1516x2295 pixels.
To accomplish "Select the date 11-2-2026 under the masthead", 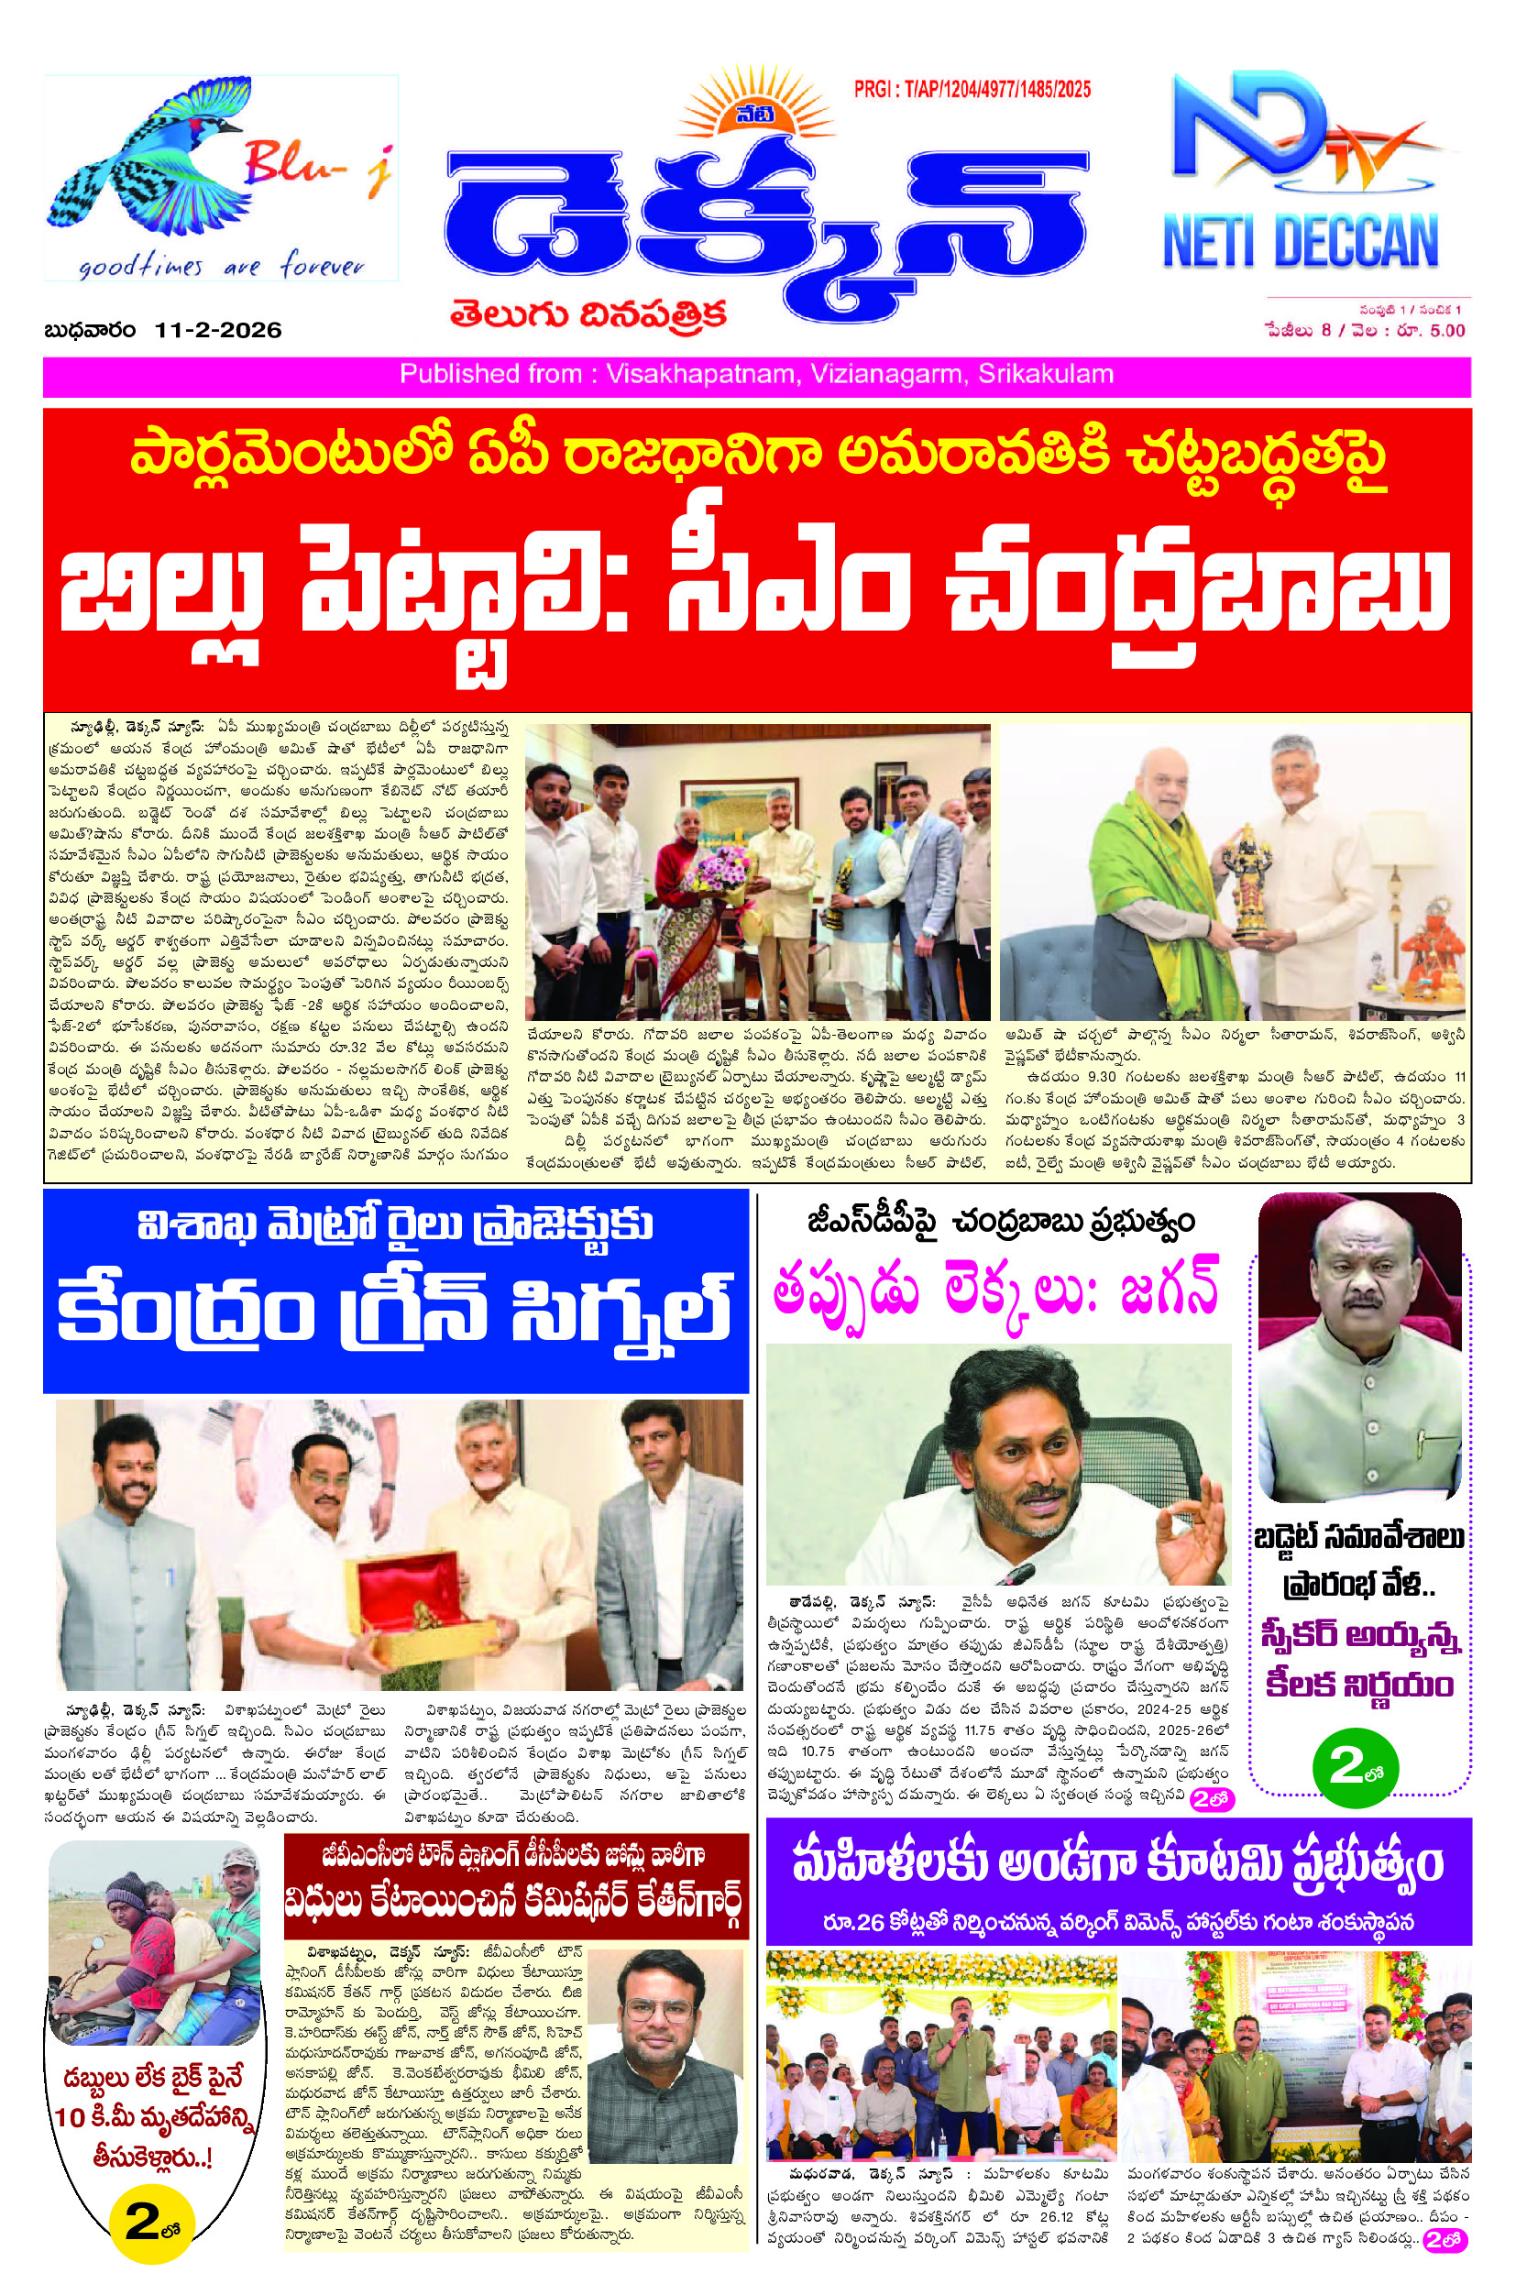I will pyautogui.click(x=217, y=331).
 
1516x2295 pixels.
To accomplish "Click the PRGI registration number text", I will pyautogui.click(x=972, y=90).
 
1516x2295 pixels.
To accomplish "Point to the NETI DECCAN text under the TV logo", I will pyautogui.click(x=1301, y=242).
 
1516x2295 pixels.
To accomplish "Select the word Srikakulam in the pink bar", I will pyautogui.click(x=1045, y=374).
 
